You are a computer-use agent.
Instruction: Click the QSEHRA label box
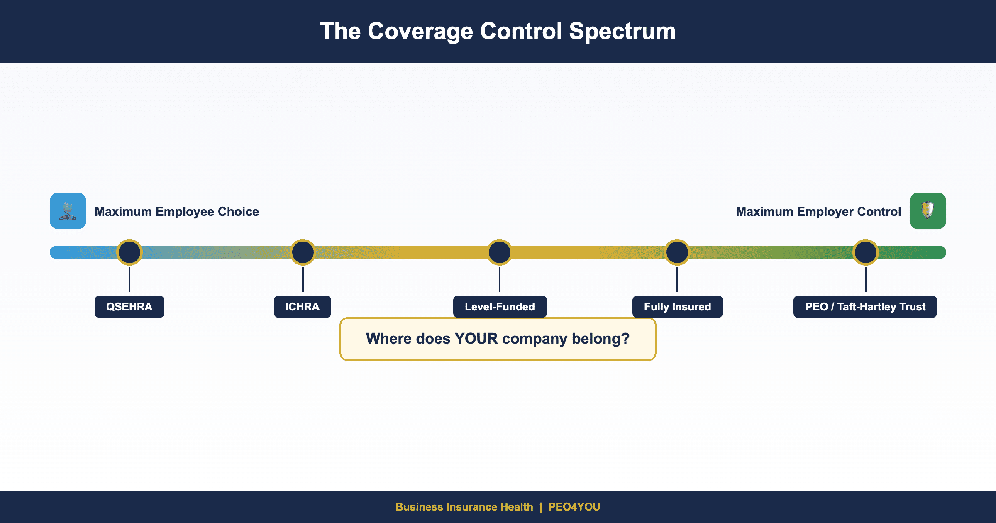[x=129, y=307]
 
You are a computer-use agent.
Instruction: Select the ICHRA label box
[x=302, y=307]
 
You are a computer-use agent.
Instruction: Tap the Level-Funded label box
[x=500, y=307]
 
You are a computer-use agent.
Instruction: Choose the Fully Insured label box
[x=677, y=307]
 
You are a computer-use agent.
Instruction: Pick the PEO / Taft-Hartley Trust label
[x=865, y=307]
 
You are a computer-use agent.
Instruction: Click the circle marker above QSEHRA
[x=129, y=252]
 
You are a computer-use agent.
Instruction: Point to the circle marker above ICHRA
[x=303, y=252]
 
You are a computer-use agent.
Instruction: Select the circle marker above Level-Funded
[x=500, y=252]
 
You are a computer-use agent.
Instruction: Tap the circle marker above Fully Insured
[x=677, y=252]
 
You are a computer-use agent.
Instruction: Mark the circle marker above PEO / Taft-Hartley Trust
[x=866, y=252]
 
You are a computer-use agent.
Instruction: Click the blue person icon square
[x=68, y=211]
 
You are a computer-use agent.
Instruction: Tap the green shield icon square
[x=928, y=211]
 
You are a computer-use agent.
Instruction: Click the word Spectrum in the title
[x=622, y=32]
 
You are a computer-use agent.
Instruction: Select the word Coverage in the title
[x=420, y=32]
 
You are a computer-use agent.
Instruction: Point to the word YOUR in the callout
[x=476, y=339]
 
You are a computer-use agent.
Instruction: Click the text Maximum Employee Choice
[x=177, y=212]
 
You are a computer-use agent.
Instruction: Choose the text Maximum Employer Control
[x=818, y=212]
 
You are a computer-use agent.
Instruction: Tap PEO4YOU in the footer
[x=574, y=507]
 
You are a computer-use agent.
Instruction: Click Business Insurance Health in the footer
[x=464, y=507]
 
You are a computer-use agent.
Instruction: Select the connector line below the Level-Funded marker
[x=500, y=280]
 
